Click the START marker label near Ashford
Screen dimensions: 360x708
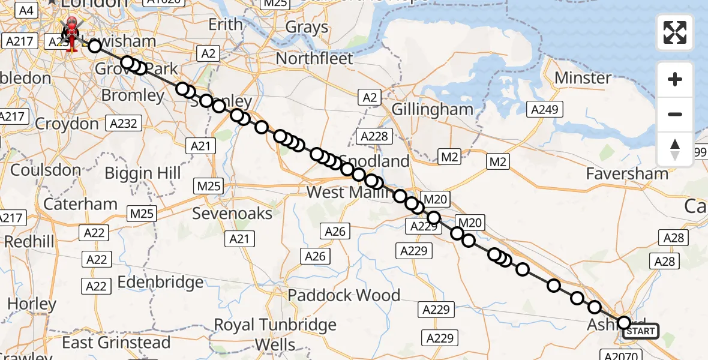click(640, 331)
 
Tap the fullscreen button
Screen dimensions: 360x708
click(675, 32)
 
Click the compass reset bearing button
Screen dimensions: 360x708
click(675, 149)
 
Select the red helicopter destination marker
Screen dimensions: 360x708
click(71, 31)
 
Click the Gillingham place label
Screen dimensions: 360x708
click(432, 109)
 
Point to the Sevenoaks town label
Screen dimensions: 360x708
click(232, 214)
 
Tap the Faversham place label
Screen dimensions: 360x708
click(627, 174)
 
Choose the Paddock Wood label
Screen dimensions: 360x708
click(344, 295)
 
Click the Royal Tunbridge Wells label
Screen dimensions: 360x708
click(275, 335)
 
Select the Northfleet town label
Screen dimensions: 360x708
click(314, 59)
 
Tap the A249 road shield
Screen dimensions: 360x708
click(545, 109)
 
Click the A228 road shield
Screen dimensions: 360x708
click(374, 136)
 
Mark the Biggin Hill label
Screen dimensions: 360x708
click(142, 173)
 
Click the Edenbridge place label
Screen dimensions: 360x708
click(160, 282)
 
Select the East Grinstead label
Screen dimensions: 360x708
click(116, 343)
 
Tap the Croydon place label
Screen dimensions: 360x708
click(67, 124)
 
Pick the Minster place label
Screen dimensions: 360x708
click(583, 78)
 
